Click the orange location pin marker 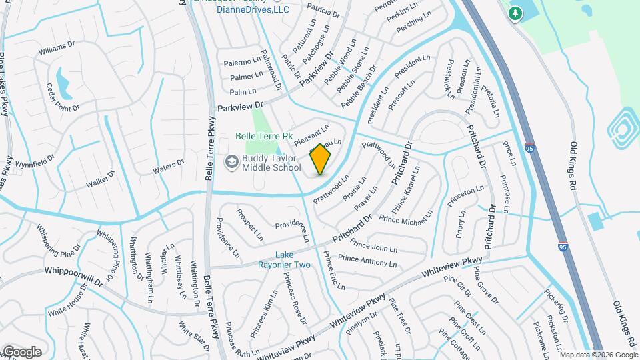(x=321, y=159)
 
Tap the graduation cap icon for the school (x=231, y=161)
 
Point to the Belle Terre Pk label (x=265, y=136)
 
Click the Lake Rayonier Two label (x=294, y=260)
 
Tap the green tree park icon (x=515, y=13)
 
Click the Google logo (x=21, y=351)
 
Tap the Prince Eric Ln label (x=333, y=269)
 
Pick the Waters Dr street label (x=168, y=167)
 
